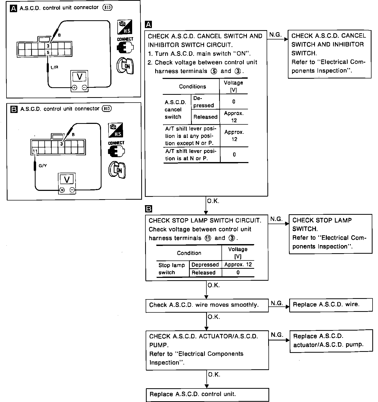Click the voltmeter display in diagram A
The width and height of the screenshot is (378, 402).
(x=79, y=76)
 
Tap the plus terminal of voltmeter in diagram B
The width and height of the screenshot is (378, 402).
(x=62, y=190)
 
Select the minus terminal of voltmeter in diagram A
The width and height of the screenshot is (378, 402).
(x=84, y=88)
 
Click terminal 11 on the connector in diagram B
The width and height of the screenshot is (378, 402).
(x=35, y=151)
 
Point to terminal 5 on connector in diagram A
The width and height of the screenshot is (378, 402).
(x=48, y=53)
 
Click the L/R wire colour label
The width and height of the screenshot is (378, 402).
(x=55, y=67)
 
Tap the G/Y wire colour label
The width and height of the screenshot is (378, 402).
(x=43, y=165)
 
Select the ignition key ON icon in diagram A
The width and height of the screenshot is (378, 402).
(x=125, y=65)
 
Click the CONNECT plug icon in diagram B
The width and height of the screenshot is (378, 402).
(x=116, y=151)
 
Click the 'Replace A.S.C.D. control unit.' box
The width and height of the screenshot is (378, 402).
(x=207, y=395)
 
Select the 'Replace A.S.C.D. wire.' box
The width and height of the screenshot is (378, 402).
(x=331, y=305)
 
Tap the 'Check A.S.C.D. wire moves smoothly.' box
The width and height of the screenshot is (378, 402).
(x=207, y=305)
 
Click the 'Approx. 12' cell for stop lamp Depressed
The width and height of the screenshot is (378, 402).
(x=238, y=265)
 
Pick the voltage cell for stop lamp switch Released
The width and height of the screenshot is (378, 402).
(x=238, y=273)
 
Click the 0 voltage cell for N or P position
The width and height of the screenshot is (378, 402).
(x=234, y=155)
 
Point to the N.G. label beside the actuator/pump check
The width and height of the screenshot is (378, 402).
(x=277, y=335)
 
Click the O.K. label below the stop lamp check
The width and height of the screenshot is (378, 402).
(x=214, y=285)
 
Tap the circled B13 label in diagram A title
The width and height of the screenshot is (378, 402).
(x=107, y=8)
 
